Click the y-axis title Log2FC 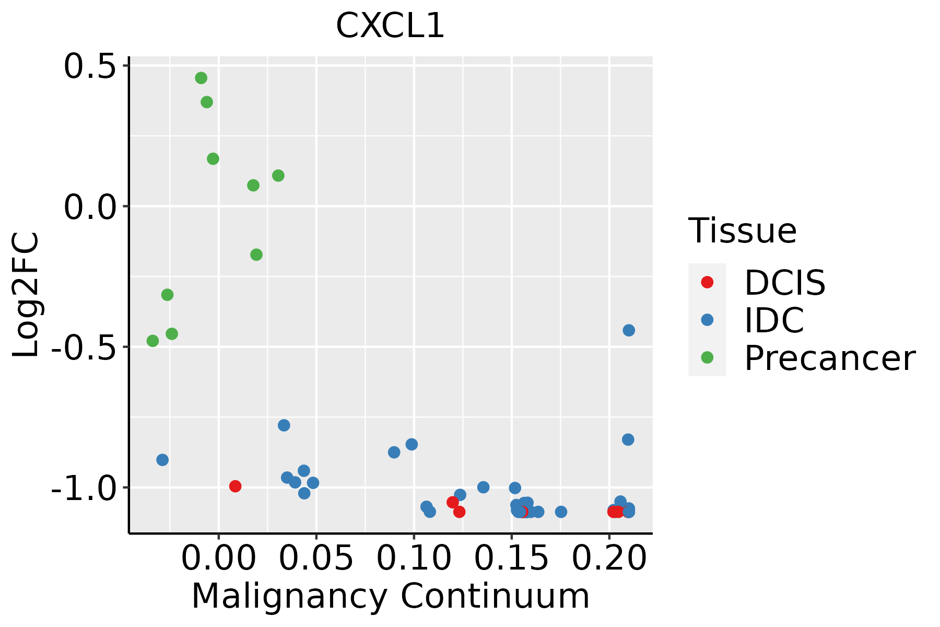click(26, 295)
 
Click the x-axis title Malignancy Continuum click(391, 596)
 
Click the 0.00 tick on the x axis click(218, 558)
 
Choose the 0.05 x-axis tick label click(316, 558)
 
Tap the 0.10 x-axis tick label click(414, 558)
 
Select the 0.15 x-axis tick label click(511, 558)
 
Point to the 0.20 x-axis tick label click(609, 558)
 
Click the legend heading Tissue click(742, 230)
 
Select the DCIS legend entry click(784, 283)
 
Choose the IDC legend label click(774, 320)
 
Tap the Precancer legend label click(829, 358)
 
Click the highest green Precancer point click(201, 78)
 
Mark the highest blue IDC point click(629, 330)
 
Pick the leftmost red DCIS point click(236, 486)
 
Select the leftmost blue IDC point click(162, 460)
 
